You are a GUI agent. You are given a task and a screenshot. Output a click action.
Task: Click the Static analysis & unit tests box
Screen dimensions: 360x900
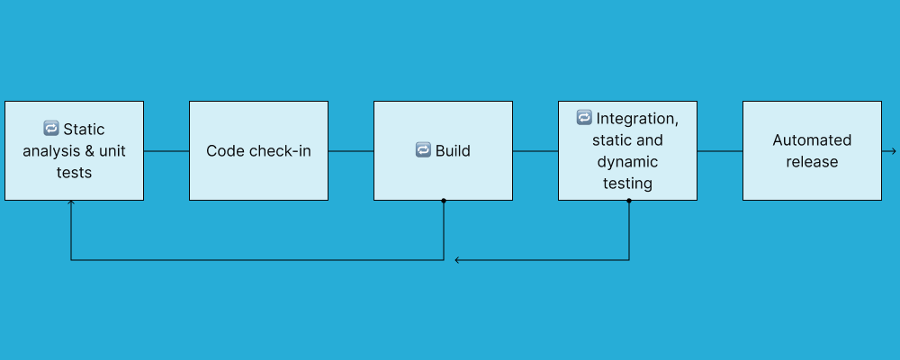[x=74, y=150]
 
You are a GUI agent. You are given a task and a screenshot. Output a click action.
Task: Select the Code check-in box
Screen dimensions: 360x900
[x=258, y=150]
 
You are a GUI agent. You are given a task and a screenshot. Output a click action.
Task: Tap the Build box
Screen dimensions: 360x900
[x=443, y=150]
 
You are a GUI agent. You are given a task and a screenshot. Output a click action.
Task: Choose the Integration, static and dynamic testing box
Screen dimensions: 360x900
[x=627, y=150]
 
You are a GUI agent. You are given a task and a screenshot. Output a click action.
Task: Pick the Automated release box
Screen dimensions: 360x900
[x=812, y=150]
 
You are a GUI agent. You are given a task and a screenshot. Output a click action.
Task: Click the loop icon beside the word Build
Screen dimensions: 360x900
[x=423, y=150]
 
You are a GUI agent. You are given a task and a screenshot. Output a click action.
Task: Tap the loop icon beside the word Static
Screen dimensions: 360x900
[x=50, y=129]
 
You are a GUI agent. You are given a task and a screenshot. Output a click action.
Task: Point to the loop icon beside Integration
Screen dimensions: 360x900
[x=584, y=118]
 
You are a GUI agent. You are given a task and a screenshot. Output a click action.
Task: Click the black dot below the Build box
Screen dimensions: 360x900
[x=444, y=201]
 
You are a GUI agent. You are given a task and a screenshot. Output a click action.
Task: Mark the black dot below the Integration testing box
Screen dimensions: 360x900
[x=628, y=201]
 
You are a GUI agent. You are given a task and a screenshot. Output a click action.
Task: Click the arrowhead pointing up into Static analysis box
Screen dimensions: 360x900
[x=71, y=204]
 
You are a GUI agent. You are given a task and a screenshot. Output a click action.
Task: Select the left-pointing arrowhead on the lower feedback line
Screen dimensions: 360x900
[x=458, y=260]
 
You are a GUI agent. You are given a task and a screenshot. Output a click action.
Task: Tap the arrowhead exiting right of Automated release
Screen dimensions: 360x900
[x=893, y=150]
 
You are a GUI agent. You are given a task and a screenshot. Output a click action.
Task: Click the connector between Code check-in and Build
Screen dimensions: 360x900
[x=351, y=150]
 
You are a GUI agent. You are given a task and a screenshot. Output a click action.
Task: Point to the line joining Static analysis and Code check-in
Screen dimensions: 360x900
[x=166, y=150]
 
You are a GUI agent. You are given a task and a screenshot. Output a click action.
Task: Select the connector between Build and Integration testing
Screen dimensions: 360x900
[x=535, y=150]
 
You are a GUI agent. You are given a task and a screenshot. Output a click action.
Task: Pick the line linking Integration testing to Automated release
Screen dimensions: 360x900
[x=720, y=150]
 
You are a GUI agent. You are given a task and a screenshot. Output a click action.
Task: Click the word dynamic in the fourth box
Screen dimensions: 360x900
[x=627, y=162]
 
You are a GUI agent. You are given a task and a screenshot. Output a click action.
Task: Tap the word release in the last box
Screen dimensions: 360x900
[x=812, y=162]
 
